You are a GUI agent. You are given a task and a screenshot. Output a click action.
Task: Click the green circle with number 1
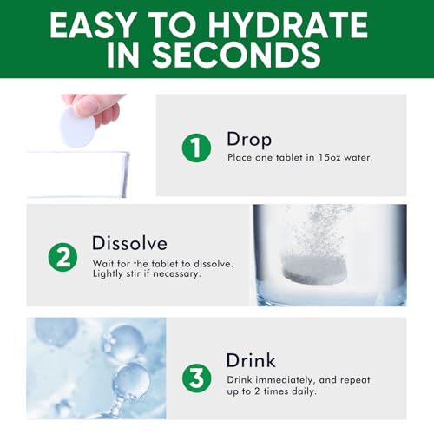click(x=196, y=148)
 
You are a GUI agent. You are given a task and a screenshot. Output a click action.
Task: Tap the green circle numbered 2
click(x=62, y=256)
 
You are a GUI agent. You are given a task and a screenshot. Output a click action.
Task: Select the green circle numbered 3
click(x=197, y=378)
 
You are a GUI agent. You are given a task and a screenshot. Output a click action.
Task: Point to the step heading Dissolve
click(x=129, y=242)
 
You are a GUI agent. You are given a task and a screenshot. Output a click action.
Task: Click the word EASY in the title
click(x=95, y=25)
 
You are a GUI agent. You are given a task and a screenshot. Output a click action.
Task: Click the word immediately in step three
click(x=285, y=379)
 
